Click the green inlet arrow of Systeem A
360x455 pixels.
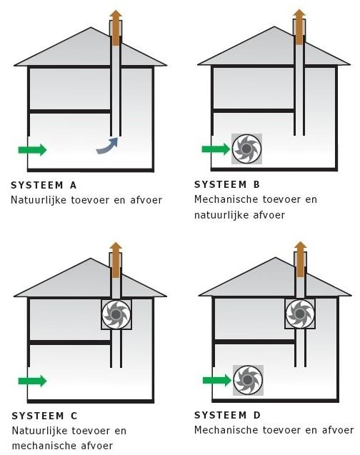coord(32,150)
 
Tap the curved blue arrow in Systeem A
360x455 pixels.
coord(108,147)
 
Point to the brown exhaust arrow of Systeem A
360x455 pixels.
coord(116,28)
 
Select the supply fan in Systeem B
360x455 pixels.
coord(246,149)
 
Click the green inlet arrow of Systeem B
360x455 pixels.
coord(216,149)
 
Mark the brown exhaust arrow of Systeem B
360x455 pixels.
coord(299,27)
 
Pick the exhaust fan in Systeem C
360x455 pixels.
coord(116,314)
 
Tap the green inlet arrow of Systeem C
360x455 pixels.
coord(32,381)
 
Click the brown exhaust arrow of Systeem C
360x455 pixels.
coord(116,260)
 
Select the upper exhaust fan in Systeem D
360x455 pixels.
coord(300,314)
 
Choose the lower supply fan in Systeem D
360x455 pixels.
coord(248,380)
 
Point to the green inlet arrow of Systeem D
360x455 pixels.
coord(217,381)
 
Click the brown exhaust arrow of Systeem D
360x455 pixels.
coord(300,259)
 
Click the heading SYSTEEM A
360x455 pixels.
coord(44,185)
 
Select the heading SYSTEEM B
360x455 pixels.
coord(227,184)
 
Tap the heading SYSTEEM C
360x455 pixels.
coord(45,416)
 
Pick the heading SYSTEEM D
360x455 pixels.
coord(227,415)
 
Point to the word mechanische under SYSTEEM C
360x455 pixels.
coord(40,445)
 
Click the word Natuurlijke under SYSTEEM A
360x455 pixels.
coord(39,200)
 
